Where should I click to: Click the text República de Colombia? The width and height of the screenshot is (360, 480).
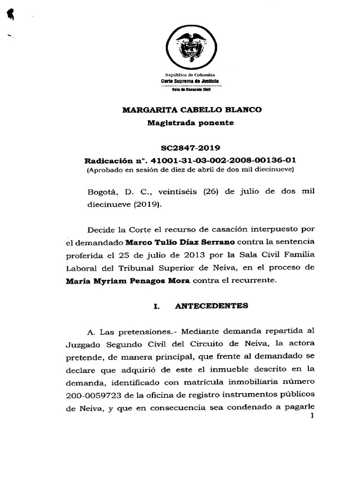[190, 75]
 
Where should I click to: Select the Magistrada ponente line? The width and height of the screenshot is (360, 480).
[190, 123]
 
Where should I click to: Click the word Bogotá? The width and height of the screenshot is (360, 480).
[100, 192]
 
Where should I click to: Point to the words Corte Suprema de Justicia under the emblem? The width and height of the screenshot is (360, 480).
[190, 81]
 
